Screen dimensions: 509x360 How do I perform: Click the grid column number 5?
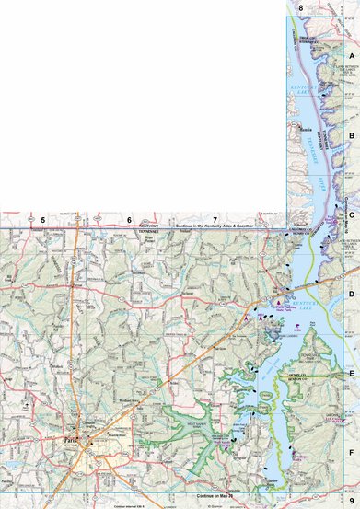[42, 220]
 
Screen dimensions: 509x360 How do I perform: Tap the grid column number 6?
[130, 220]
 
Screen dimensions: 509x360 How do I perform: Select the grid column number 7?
[215, 220]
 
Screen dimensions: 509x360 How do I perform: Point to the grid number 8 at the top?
[301, 7]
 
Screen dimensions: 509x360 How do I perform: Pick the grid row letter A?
[351, 56]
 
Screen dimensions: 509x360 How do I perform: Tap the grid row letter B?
[351, 135]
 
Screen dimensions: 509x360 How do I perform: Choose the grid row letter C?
[351, 214]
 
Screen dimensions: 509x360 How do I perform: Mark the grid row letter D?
[351, 295]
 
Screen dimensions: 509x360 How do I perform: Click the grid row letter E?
[351, 374]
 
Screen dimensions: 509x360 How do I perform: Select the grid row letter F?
[351, 454]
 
